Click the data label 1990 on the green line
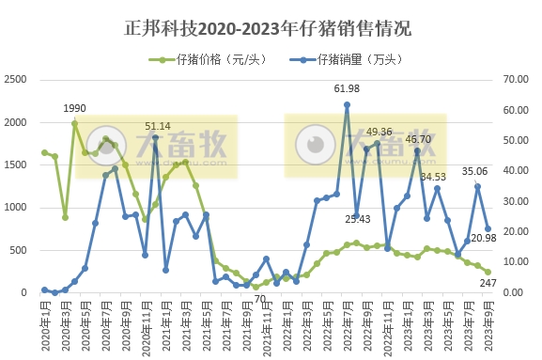click(75, 109)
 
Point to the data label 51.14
click(157, 126)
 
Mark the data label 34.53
click(433, 177)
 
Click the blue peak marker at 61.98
click(347, 104)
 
